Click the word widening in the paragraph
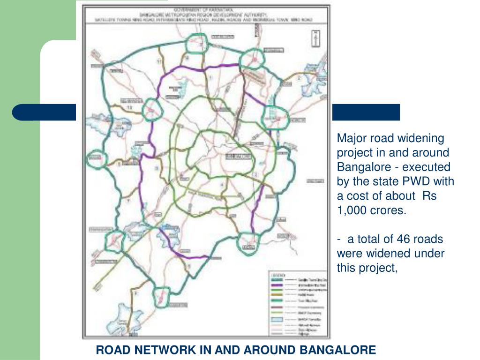[x=423, y=138]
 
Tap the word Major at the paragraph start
[x=351, y=138]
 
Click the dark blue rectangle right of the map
[x=366, y=112]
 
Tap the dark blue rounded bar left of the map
[x=45, y=112]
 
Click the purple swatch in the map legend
[x=277, y=285]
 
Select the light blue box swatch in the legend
[x=277, y=319]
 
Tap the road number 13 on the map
[x=129, y=108]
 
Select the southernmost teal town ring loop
[x=162, y=294]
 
